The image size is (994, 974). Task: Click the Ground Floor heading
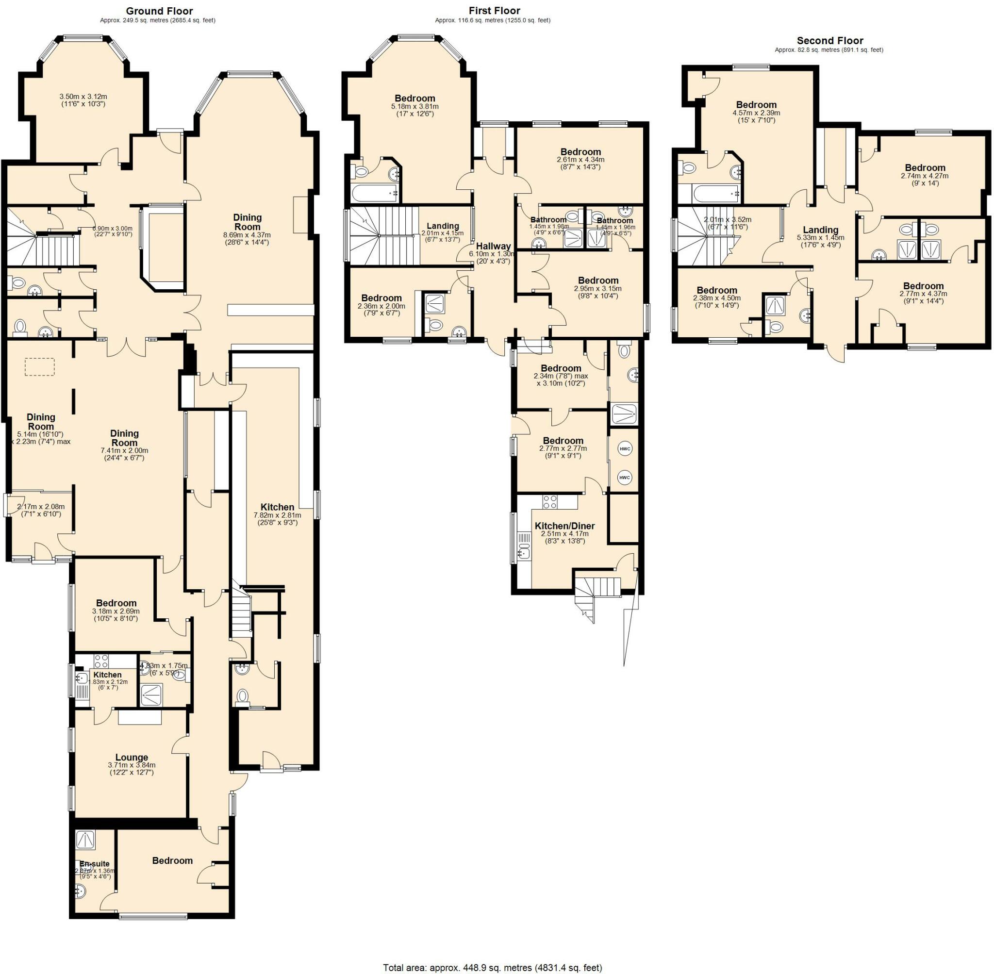point(159,11)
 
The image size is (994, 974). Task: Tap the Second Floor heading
point(829,40)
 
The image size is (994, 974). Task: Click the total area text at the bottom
point(492,967)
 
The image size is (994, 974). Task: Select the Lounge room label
point(132,757)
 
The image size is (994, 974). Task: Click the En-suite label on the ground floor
point(94,863)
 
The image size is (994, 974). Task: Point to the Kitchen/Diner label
point(564,526)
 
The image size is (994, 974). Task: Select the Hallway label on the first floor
point(494,246)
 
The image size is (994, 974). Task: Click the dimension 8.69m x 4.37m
point(247,235)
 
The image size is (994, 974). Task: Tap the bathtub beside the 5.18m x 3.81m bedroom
point(375,193)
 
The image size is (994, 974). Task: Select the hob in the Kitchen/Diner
point(550,501)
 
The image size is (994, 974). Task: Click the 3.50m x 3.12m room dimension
point(83,96)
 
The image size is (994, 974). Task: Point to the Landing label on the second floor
point(820,230)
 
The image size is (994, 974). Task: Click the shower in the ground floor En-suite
point(83,840)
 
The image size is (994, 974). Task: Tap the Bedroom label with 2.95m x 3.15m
point(597,281)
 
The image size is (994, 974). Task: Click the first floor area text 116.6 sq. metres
point(492,20)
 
